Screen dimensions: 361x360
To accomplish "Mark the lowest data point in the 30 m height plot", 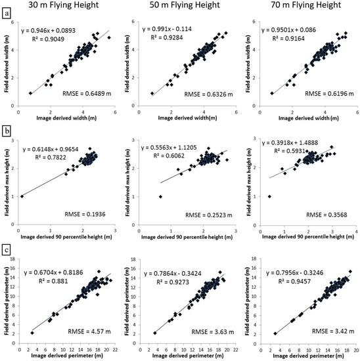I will pos(22,196).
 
